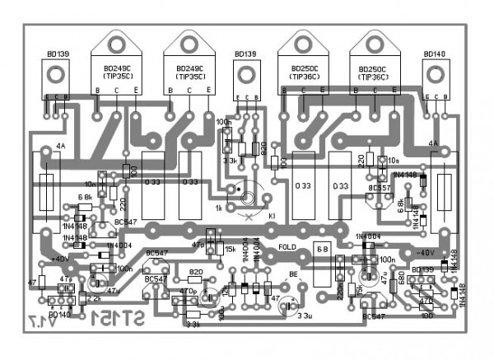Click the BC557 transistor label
[x=380, y=188]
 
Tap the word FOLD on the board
[x=288, y=246]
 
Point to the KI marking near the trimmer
[x=272, y=215]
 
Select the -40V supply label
[x=424, y=252]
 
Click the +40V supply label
[x=59, y=259]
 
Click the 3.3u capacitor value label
[x=304, y=315]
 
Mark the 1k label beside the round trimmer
[x=218, y=208]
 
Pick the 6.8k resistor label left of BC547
[x=84, y=198]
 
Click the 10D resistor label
[x=426, y=315]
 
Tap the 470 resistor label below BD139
[x=426, y=302]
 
